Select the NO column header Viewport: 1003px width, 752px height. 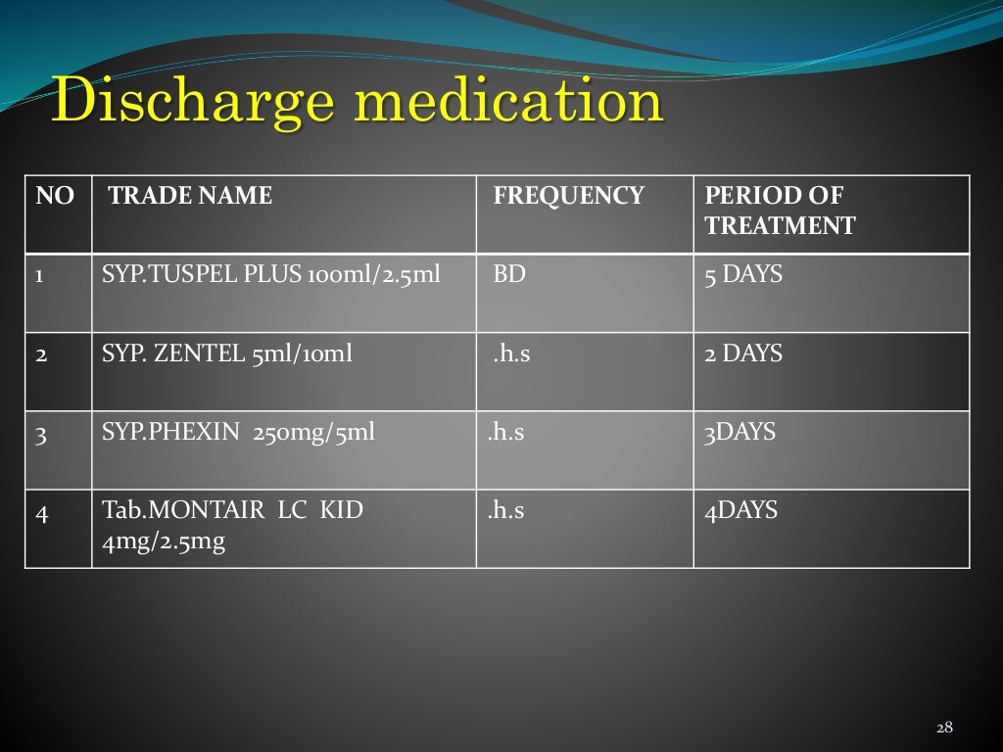coord(55,196)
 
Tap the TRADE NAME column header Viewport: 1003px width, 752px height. coord(190,196)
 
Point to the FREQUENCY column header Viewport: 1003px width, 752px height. coord(568,196)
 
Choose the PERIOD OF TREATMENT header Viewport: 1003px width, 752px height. coord(779,211)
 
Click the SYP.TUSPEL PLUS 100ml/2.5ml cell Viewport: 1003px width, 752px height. coord(271,275)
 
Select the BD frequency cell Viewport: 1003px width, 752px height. coord(509,275)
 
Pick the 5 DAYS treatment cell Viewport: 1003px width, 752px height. coord(743,275)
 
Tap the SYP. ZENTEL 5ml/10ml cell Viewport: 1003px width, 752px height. coord(226,353)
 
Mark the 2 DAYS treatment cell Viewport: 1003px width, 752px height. coord(743,353)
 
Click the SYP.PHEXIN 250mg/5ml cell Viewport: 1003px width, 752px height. coord(238,432)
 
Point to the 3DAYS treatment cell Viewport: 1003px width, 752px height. coord(740,432)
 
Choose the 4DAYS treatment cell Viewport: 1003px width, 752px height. coord(740,510)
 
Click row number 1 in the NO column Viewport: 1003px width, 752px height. coord(40,276)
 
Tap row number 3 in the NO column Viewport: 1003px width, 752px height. coord(41,433)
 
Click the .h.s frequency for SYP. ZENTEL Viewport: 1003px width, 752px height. coord(511,354)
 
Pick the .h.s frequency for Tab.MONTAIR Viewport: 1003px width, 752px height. coord(505,510)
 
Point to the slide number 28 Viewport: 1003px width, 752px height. coord(944,727)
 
